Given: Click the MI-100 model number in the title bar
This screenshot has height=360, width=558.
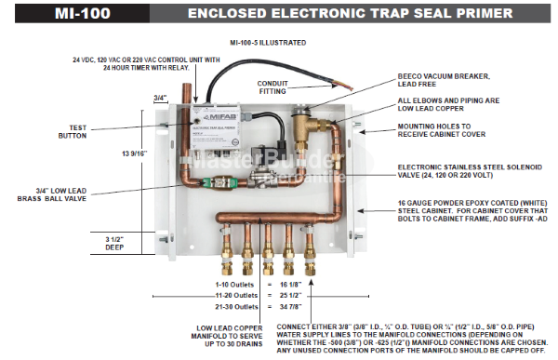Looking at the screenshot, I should pos(51,13).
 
